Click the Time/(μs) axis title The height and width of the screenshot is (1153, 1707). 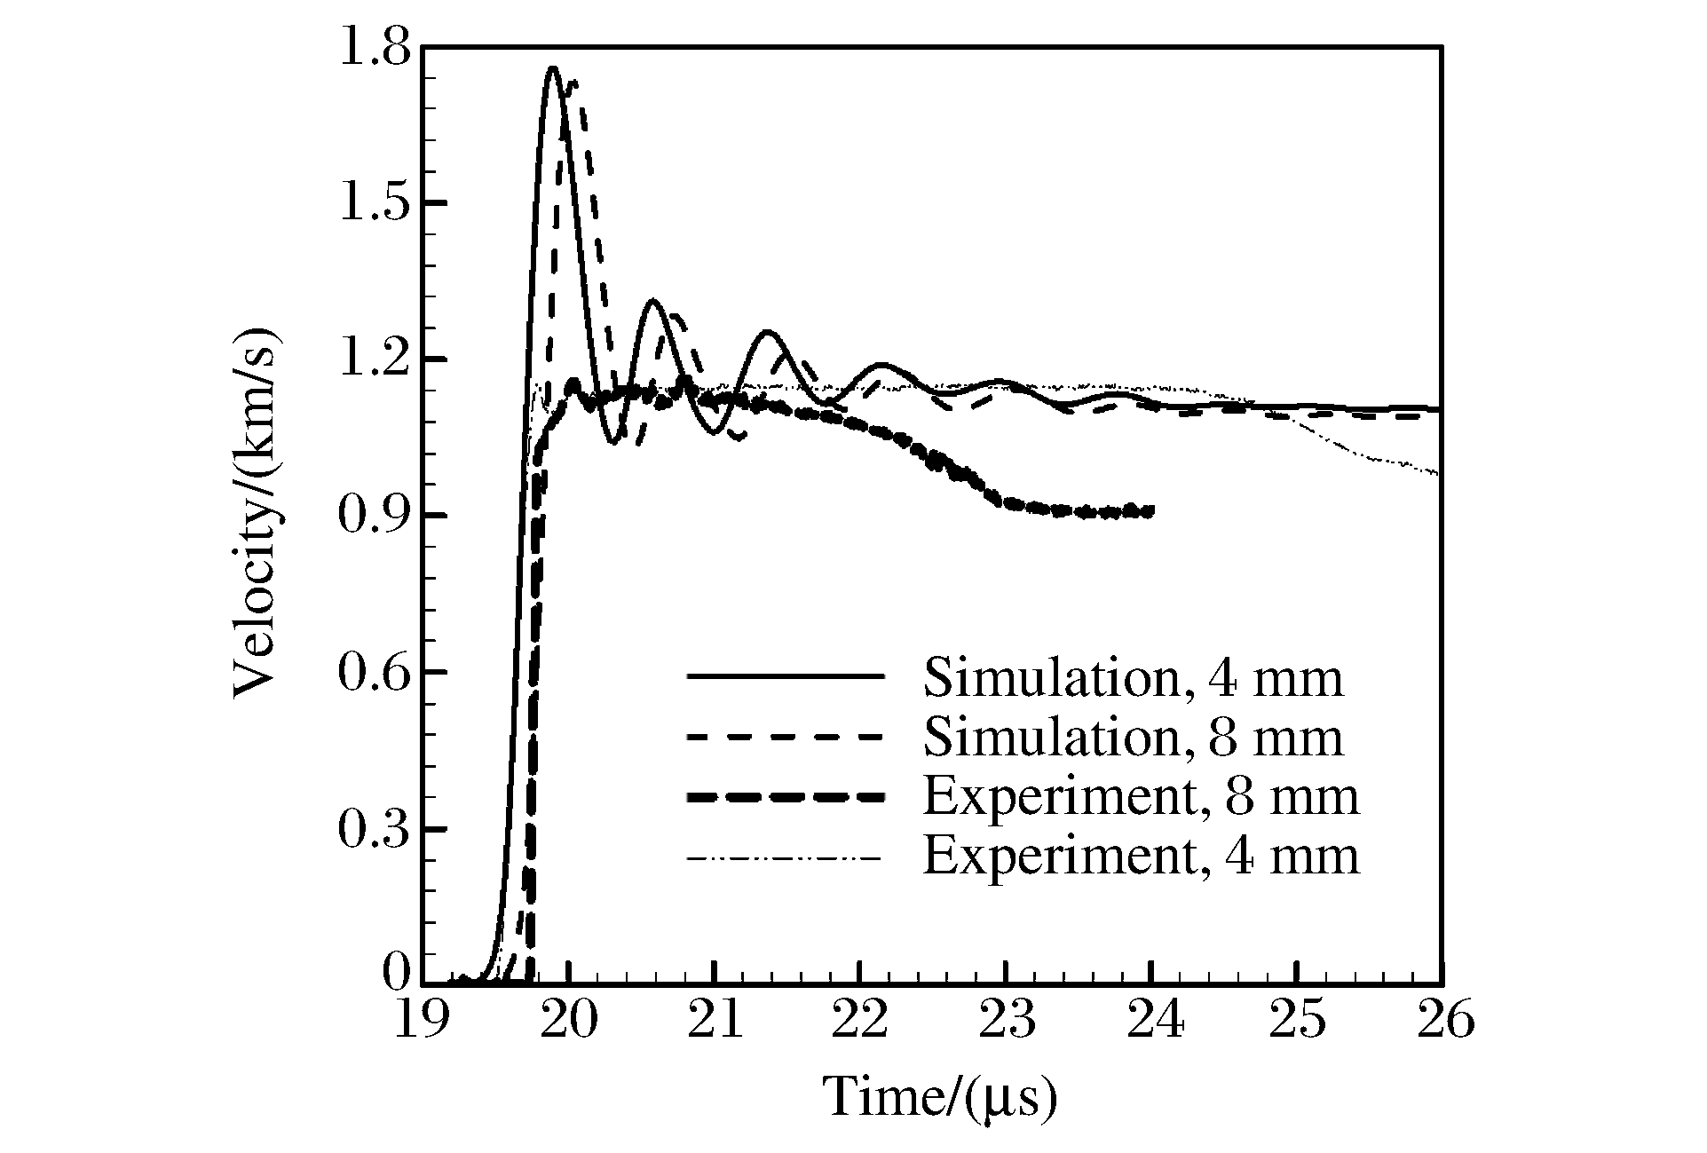pyautogui.click(x=941, y=1097)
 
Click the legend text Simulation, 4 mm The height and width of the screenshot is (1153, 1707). pyautogui.click(x=1134, y=677)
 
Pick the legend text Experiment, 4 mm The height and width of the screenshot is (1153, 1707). pyautogui.click(x=1142, y=857)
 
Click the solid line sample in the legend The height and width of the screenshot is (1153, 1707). pyautogui.click(x=786, y=677)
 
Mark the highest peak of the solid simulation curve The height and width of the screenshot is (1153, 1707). pyautogui.click(x=552, y=67)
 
